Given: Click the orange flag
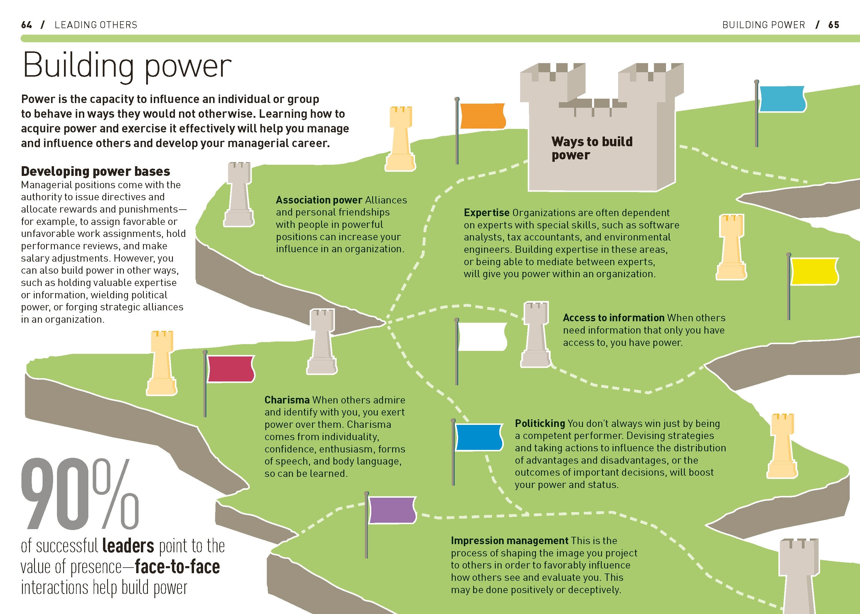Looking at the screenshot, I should (x=483, y=116).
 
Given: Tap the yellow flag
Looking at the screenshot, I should (x=814, y=271).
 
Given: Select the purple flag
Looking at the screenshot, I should (x=392, y=510).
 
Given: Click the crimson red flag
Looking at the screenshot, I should (x=230, y=369).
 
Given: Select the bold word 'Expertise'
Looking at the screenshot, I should (x=486, y=213).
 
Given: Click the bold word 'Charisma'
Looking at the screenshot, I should (x=287, y=400).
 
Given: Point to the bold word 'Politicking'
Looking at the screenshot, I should (x=539, y=423).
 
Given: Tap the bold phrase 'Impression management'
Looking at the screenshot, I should (x=509, y=541).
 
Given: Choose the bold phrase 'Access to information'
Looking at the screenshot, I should (x=613, y=318).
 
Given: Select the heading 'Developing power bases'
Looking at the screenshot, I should (x=96, y=171).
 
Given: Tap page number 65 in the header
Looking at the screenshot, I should (x=834, y=25).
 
